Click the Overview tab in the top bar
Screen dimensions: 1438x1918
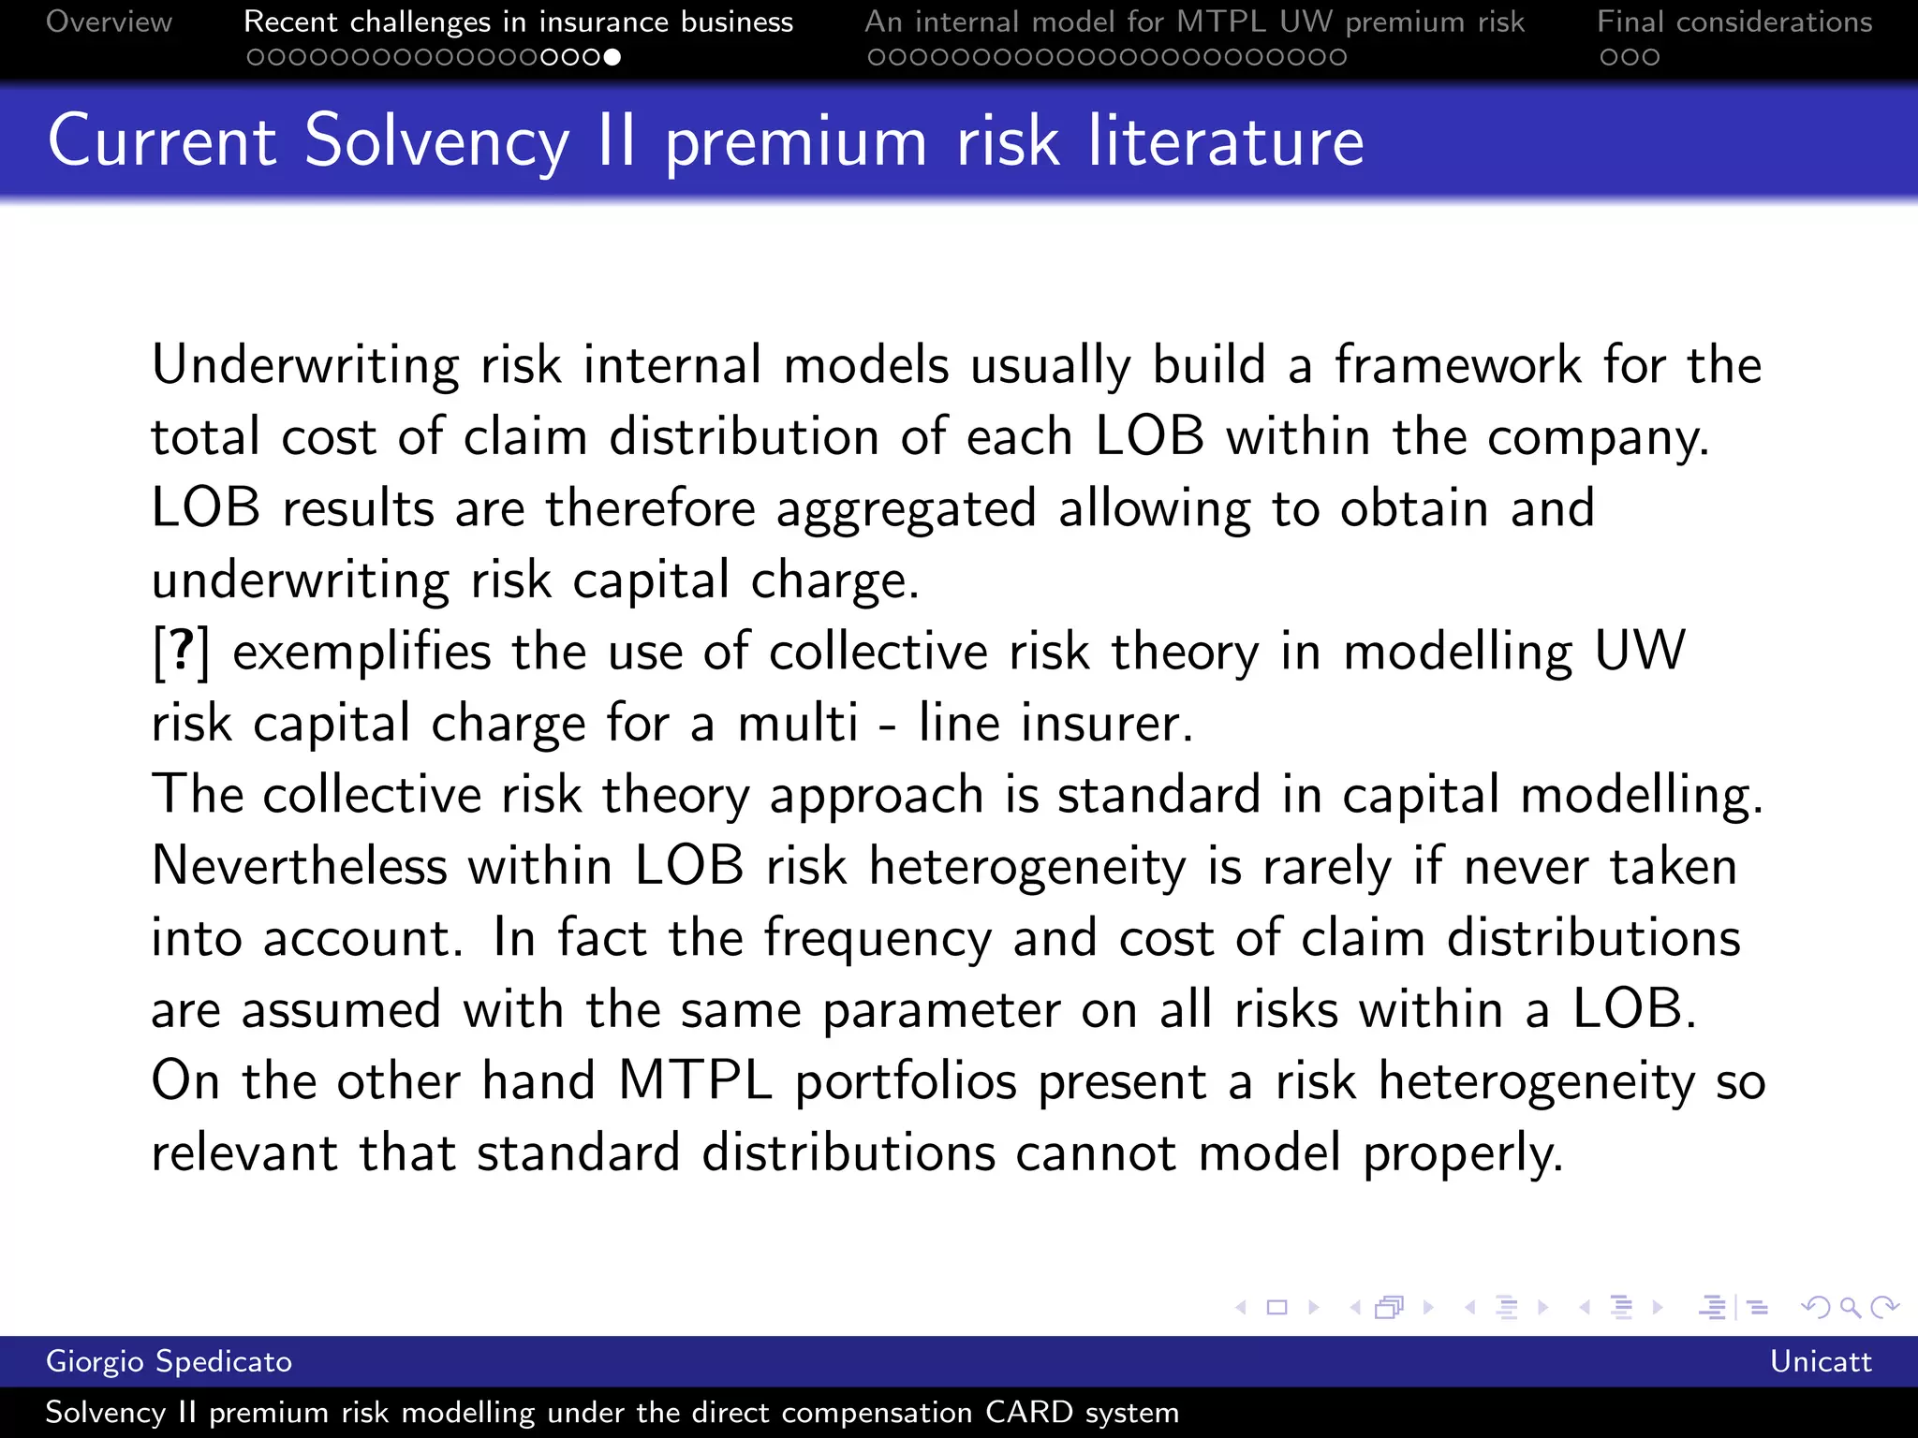[109, 22]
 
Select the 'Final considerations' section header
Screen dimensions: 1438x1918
[1734, 22]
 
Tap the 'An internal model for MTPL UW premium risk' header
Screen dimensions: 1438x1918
[1194, 22]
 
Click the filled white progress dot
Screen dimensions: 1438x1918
[612, 57]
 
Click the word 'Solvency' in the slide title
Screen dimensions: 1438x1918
[436, 142]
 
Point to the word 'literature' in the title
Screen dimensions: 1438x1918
[1225, 142]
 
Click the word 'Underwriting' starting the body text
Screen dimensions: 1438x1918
[305, 365]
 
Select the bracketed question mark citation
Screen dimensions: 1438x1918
[182, 652]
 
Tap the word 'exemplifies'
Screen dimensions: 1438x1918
[361, 652]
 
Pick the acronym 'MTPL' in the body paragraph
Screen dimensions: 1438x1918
[695, 1081]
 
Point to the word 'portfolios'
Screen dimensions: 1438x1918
[906, 1081]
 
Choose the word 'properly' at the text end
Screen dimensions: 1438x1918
[1461, 1153]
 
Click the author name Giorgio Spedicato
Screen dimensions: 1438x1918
[169, 1361]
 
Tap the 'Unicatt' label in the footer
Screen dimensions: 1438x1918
[1820, 1361]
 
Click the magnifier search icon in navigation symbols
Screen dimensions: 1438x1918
[1850, 1307]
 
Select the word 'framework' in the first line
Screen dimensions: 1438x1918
[1457, 365]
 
